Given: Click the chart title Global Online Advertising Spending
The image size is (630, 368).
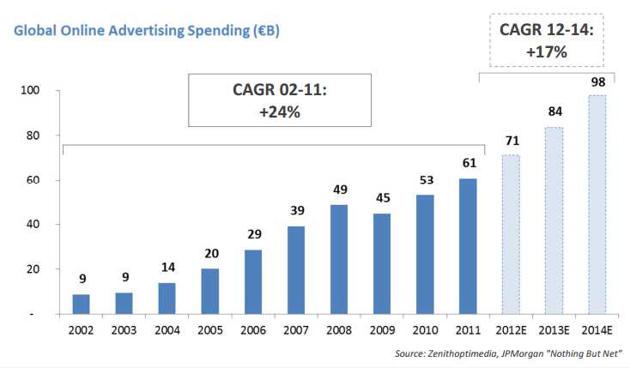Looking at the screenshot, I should (144, 32).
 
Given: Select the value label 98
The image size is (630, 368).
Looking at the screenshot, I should (596, 81).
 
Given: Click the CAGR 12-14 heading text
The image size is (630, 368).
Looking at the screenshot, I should (548, 30).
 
